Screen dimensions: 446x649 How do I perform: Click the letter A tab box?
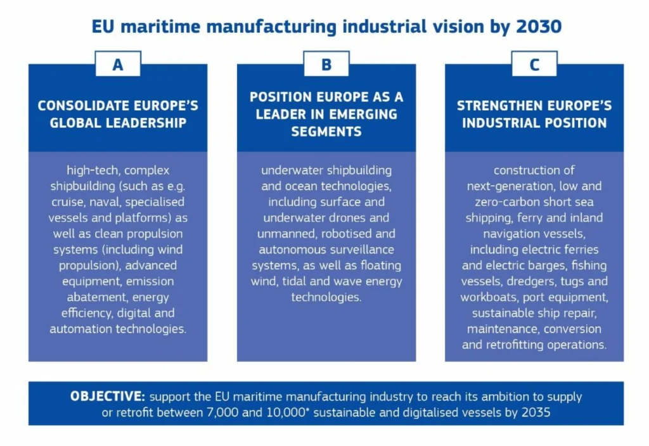118,64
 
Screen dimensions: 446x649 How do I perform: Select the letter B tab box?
326,64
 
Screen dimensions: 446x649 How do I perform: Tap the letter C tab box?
534,64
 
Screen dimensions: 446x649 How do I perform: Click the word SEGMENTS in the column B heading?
326,132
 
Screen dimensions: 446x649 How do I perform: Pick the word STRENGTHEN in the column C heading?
495,106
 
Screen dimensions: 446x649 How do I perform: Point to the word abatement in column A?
87,296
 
